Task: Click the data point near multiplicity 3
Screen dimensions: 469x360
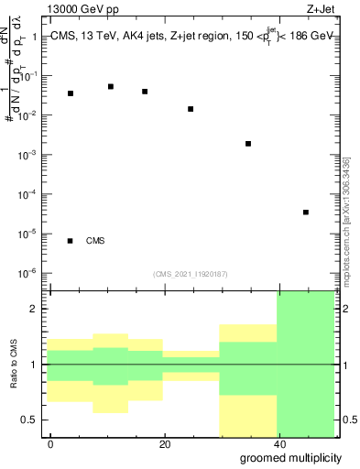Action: [x=71, y=93]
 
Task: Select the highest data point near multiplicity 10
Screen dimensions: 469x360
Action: [x=111, y=86]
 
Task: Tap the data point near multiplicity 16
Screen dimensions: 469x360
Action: [x=145, y=92]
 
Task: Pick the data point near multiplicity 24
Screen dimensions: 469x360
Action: [x=191, y=109]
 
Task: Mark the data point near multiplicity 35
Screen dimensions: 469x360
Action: [x=248, y=144]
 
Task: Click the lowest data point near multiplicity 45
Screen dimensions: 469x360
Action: [x=306, y=213]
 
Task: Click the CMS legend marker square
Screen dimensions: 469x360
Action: [x=71, y=241]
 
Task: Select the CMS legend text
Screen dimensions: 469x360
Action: [x=95, y=241]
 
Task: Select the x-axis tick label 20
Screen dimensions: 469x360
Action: [x=165, y=444]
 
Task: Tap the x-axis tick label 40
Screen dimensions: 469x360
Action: [x=278, y=444]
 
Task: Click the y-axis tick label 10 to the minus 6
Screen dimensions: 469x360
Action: [x=27, y=273]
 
